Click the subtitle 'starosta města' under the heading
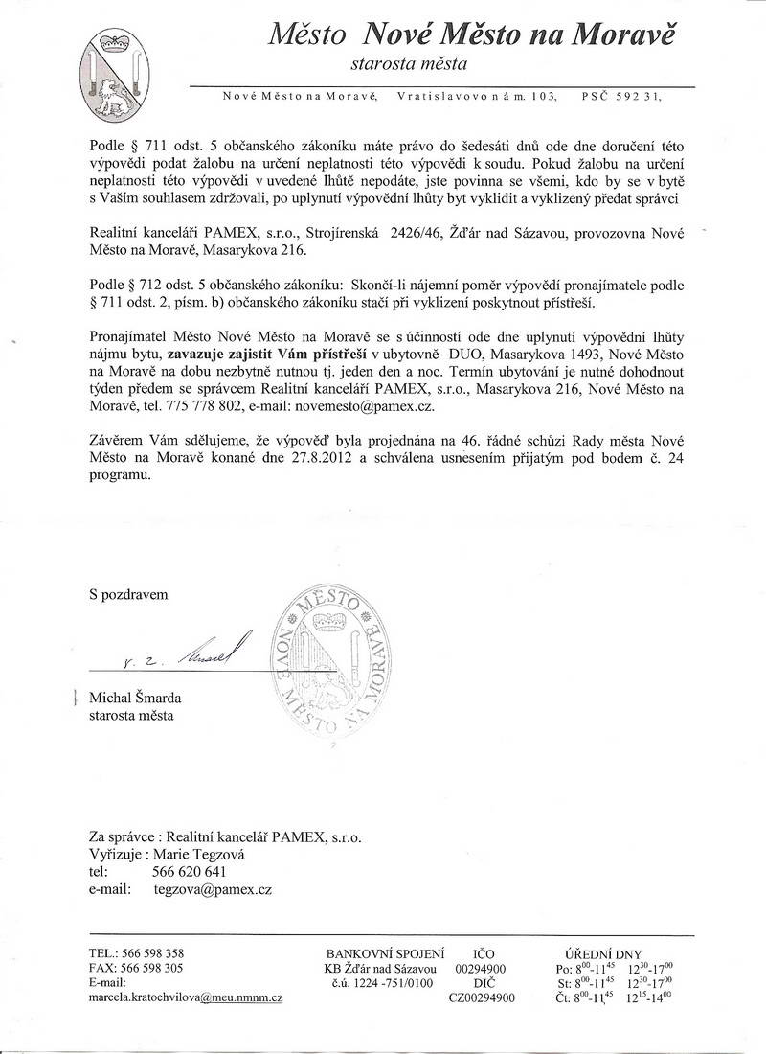pyautogui.click(x=409, y=66)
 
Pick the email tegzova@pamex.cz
pyautogui.click(x=213, y=890)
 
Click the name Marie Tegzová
pyautogui.click(x=190, y=854)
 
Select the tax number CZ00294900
pyautogui.click(x=482, y=998)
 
